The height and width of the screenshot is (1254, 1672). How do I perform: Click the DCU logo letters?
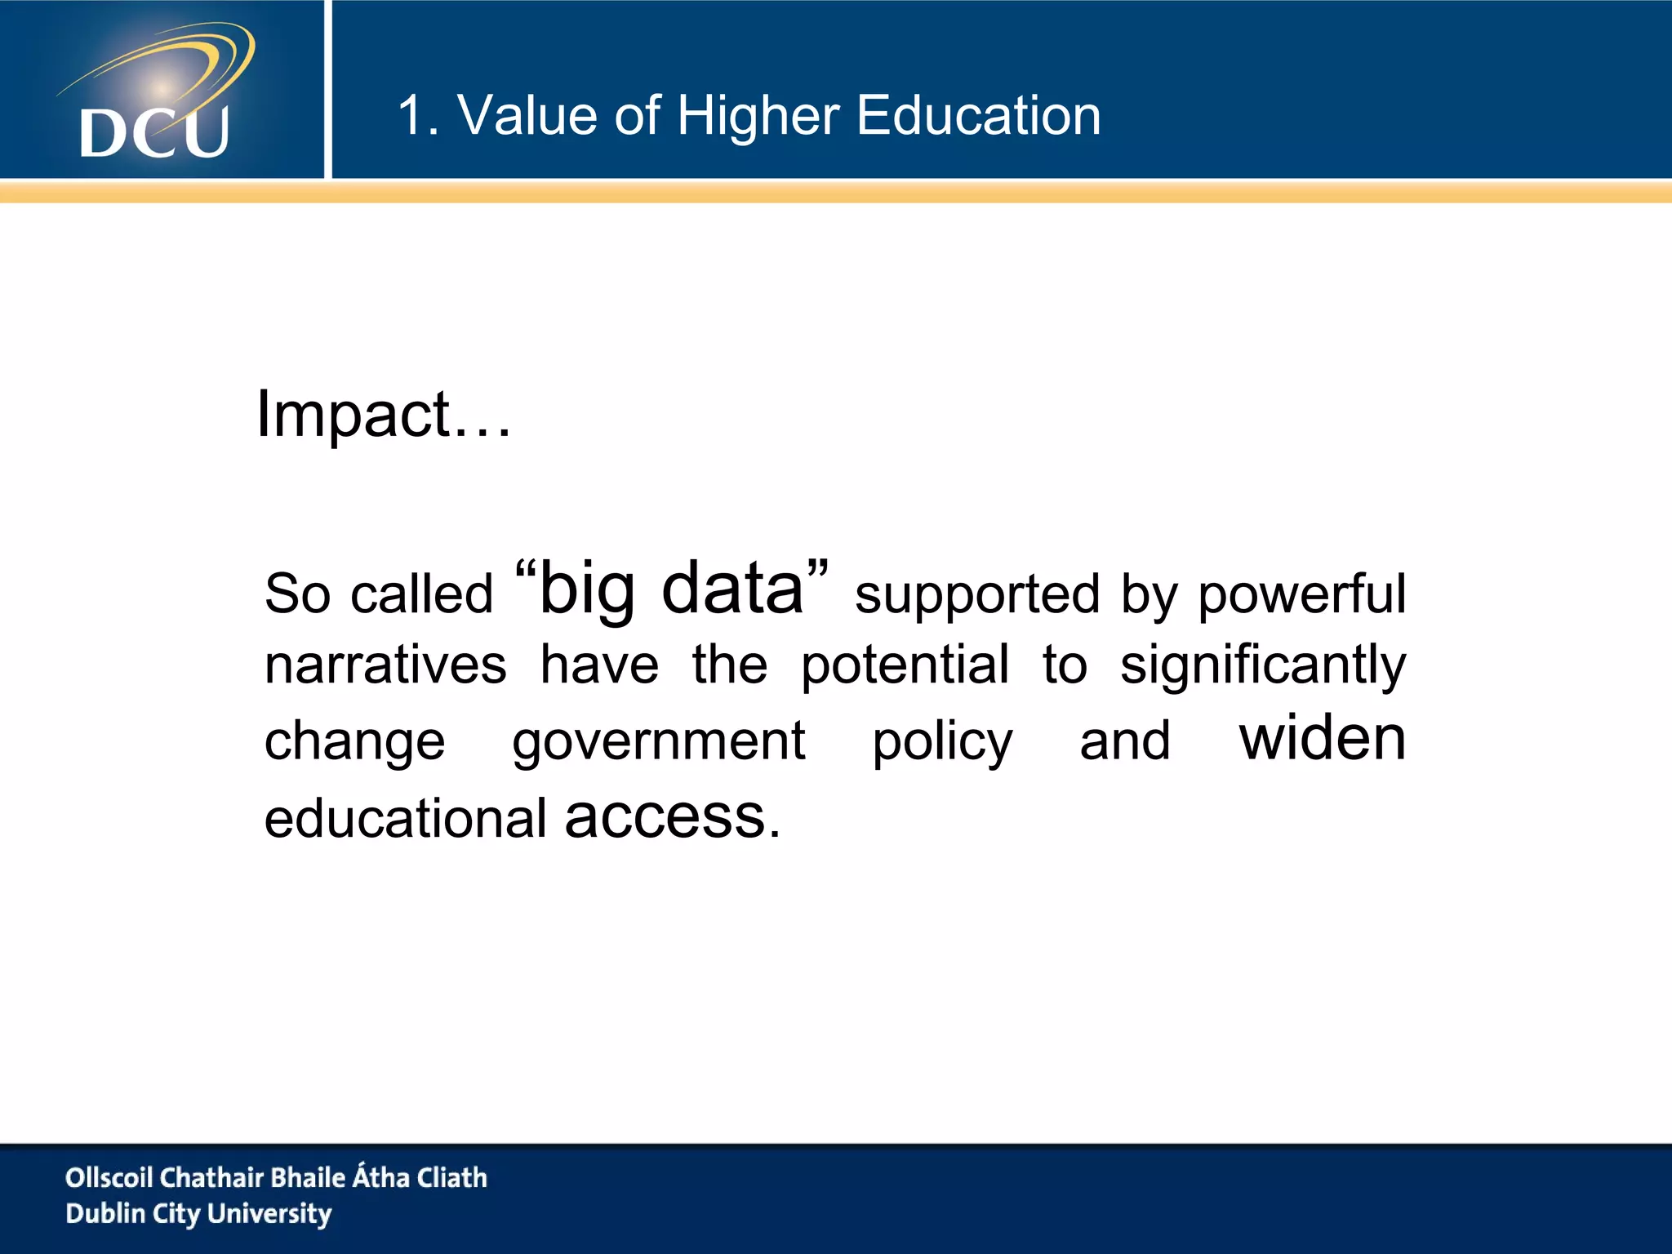tap(154, 132)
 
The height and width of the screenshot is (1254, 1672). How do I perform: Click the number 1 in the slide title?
tap(410, 115)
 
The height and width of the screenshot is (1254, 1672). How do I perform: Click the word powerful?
tap(1301, 594)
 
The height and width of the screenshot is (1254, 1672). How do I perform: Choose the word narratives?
tap(385, 665)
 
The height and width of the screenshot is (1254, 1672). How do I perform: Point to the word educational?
tap(405, 819)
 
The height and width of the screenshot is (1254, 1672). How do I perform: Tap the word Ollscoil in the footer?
tap(109, 1177)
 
